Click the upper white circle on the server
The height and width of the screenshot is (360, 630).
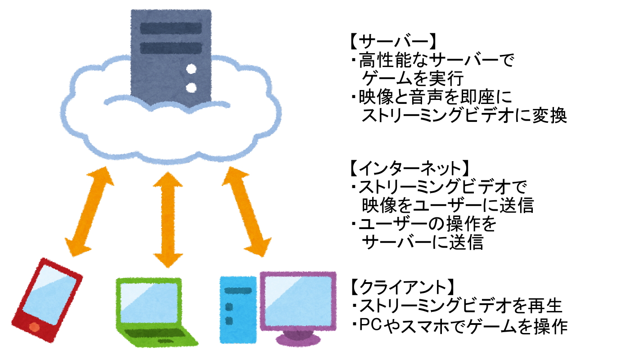pos(192,69)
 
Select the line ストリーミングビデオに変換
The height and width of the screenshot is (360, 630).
pos(463,116)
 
